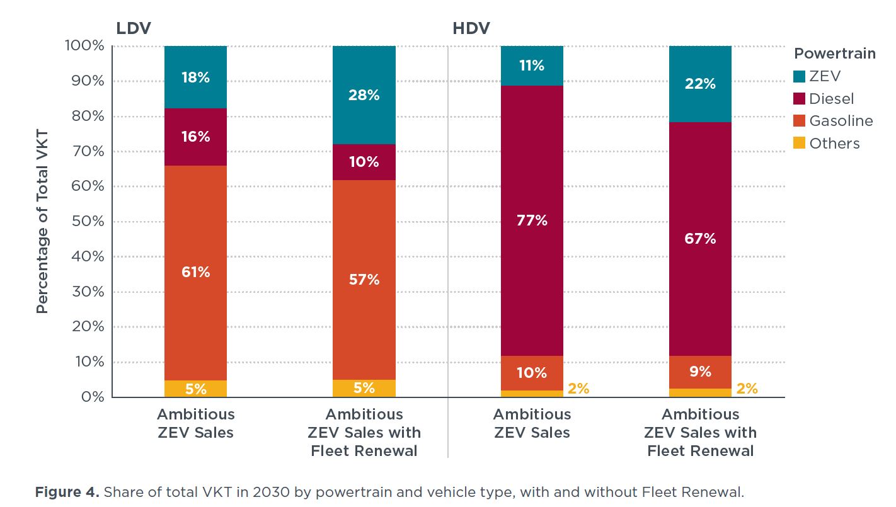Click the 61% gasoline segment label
(x=195, y=272)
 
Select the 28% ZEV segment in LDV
(x=364, y=95)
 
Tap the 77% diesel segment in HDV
(x=532, y=220)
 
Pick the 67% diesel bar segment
(x=700, y=239)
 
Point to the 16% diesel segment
(x=195, y=137)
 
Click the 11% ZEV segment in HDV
(x=532, y=66)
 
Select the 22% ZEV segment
(x=700, y=84)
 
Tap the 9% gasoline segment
(x=700, y=372)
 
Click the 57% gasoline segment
(x=364, y=280)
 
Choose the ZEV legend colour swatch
(x=800, y=76)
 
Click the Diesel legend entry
(x=832, y=99)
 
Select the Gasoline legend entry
(x=841, y=121)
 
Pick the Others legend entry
(x=834, y=144)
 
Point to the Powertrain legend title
(x=834, y=54)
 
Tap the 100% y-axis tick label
(x=84, y=46)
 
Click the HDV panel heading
(x=471, y=28)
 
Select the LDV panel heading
(x=133, y=28)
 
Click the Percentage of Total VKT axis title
(x=42, y=222)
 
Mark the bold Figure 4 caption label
(x=67, y=492)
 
